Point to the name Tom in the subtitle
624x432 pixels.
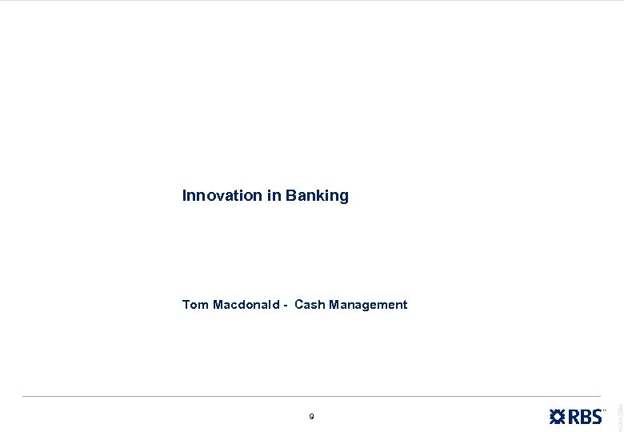click(195, 305)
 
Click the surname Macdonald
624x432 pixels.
click(246, 305)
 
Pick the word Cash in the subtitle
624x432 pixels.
click(309, 305)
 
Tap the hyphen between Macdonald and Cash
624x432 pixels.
click(286, 306)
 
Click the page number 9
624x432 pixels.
click(311, 416)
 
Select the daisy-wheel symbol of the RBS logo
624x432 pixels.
click(558, 416)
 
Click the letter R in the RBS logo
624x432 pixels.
click(575, 416)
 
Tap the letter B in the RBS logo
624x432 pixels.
click(586, 416)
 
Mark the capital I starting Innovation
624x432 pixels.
click(184, 195)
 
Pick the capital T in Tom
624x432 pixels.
click(186, 305)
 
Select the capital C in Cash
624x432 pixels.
click(298, 305)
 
